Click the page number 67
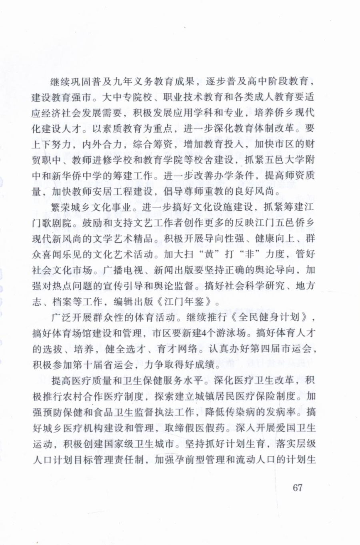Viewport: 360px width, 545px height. pos(298,488)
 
